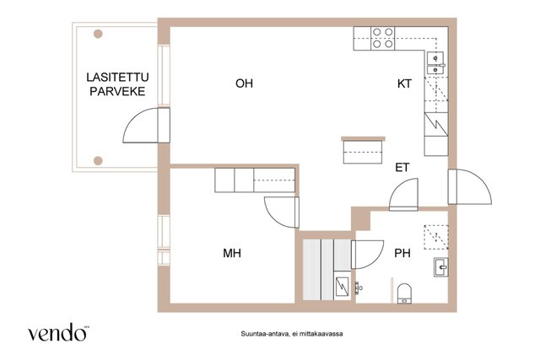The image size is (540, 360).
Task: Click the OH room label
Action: pyautogui.click(x=245, y=83)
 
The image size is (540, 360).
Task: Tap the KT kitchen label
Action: pyautogui.click(x=406, y=83)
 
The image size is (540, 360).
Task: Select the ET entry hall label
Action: pyautogui.click(x=402, y=167)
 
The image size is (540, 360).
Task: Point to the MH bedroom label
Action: pyautogui.click(x=232, y=253)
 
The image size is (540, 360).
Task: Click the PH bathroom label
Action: pyautogui.click(x=402, y=253)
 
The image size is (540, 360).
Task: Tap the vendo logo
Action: pyautogui.click(x=58, y=333)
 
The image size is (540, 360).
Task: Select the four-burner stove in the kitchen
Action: pyautogui.click(x=381, y=39)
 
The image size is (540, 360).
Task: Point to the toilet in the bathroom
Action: pyautogui.click(x=405, y=293)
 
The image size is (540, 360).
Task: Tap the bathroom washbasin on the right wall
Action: pyautogui.click(x=442, y=269)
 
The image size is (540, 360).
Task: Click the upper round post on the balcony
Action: pyautogui.click(x=99, y=35)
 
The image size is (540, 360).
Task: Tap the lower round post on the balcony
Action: pyautogui.click(x=99, y=159)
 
